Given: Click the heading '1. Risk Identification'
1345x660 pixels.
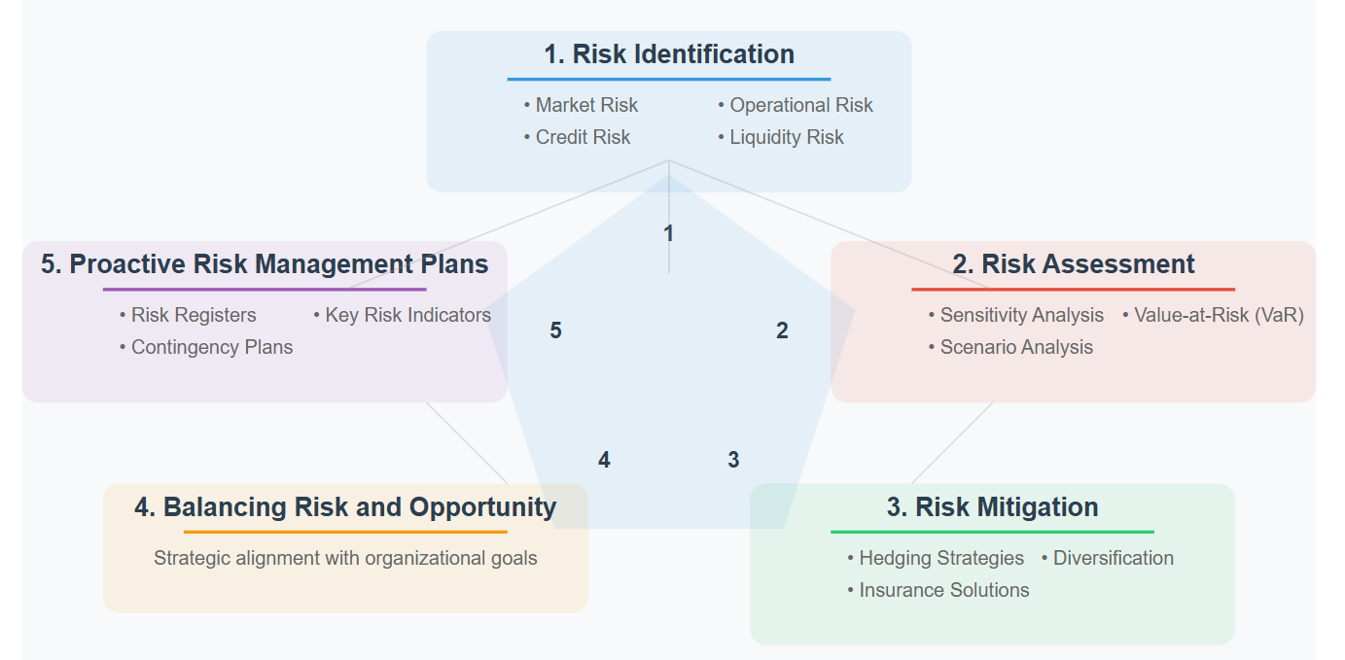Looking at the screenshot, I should coord(668,54).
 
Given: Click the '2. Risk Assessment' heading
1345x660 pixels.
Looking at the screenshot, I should coord(1073,264).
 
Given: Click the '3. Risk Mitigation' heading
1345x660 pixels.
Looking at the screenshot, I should coord(992,507).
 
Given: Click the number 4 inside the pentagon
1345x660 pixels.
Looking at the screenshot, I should coord(604,460).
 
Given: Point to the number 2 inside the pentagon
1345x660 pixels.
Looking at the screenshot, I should coord(782,330).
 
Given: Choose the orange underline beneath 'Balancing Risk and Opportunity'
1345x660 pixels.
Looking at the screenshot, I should coord(345,532).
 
